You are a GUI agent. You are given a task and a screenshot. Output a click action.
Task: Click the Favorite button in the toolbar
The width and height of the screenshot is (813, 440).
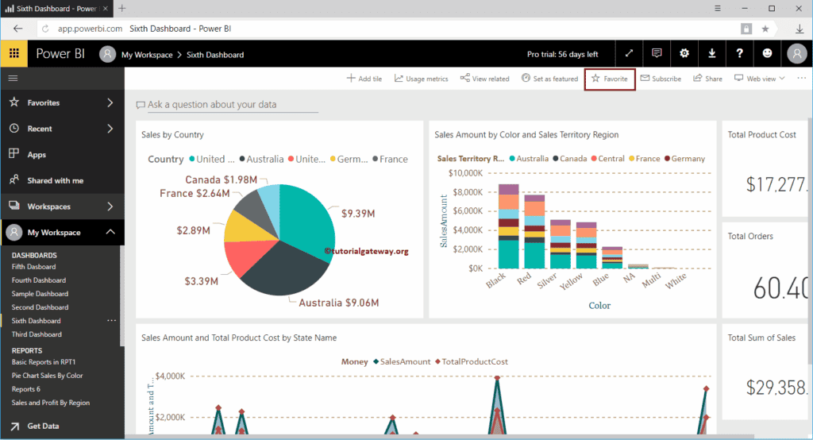610,79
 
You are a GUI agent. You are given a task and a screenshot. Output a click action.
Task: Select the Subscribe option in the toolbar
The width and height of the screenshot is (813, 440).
661,79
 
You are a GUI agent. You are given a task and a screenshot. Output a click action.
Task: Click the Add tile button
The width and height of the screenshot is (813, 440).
364,79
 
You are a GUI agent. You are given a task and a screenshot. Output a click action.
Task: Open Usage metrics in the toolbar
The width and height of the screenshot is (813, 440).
421,79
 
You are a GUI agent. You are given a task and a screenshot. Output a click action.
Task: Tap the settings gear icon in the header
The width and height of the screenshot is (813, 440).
684,54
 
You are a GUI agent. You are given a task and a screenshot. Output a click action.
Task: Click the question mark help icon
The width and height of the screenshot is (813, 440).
739,54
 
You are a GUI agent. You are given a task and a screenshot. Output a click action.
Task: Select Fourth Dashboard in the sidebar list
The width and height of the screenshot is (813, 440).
39,280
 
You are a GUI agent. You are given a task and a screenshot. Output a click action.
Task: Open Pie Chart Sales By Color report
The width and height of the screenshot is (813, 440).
47,376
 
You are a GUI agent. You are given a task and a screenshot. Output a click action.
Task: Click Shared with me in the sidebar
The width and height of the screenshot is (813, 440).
55,180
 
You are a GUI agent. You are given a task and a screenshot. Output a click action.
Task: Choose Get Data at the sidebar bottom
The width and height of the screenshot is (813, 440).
43,426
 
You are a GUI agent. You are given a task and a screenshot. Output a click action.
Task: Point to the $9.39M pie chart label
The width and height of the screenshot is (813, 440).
360,214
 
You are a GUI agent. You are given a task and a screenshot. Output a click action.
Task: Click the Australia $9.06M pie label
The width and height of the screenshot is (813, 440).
338,303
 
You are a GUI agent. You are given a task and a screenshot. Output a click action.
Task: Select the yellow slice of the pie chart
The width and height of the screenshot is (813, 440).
243,227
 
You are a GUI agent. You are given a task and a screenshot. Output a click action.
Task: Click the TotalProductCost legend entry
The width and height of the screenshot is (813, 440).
474,361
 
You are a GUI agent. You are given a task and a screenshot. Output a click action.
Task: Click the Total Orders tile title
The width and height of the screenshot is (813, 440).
750,236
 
